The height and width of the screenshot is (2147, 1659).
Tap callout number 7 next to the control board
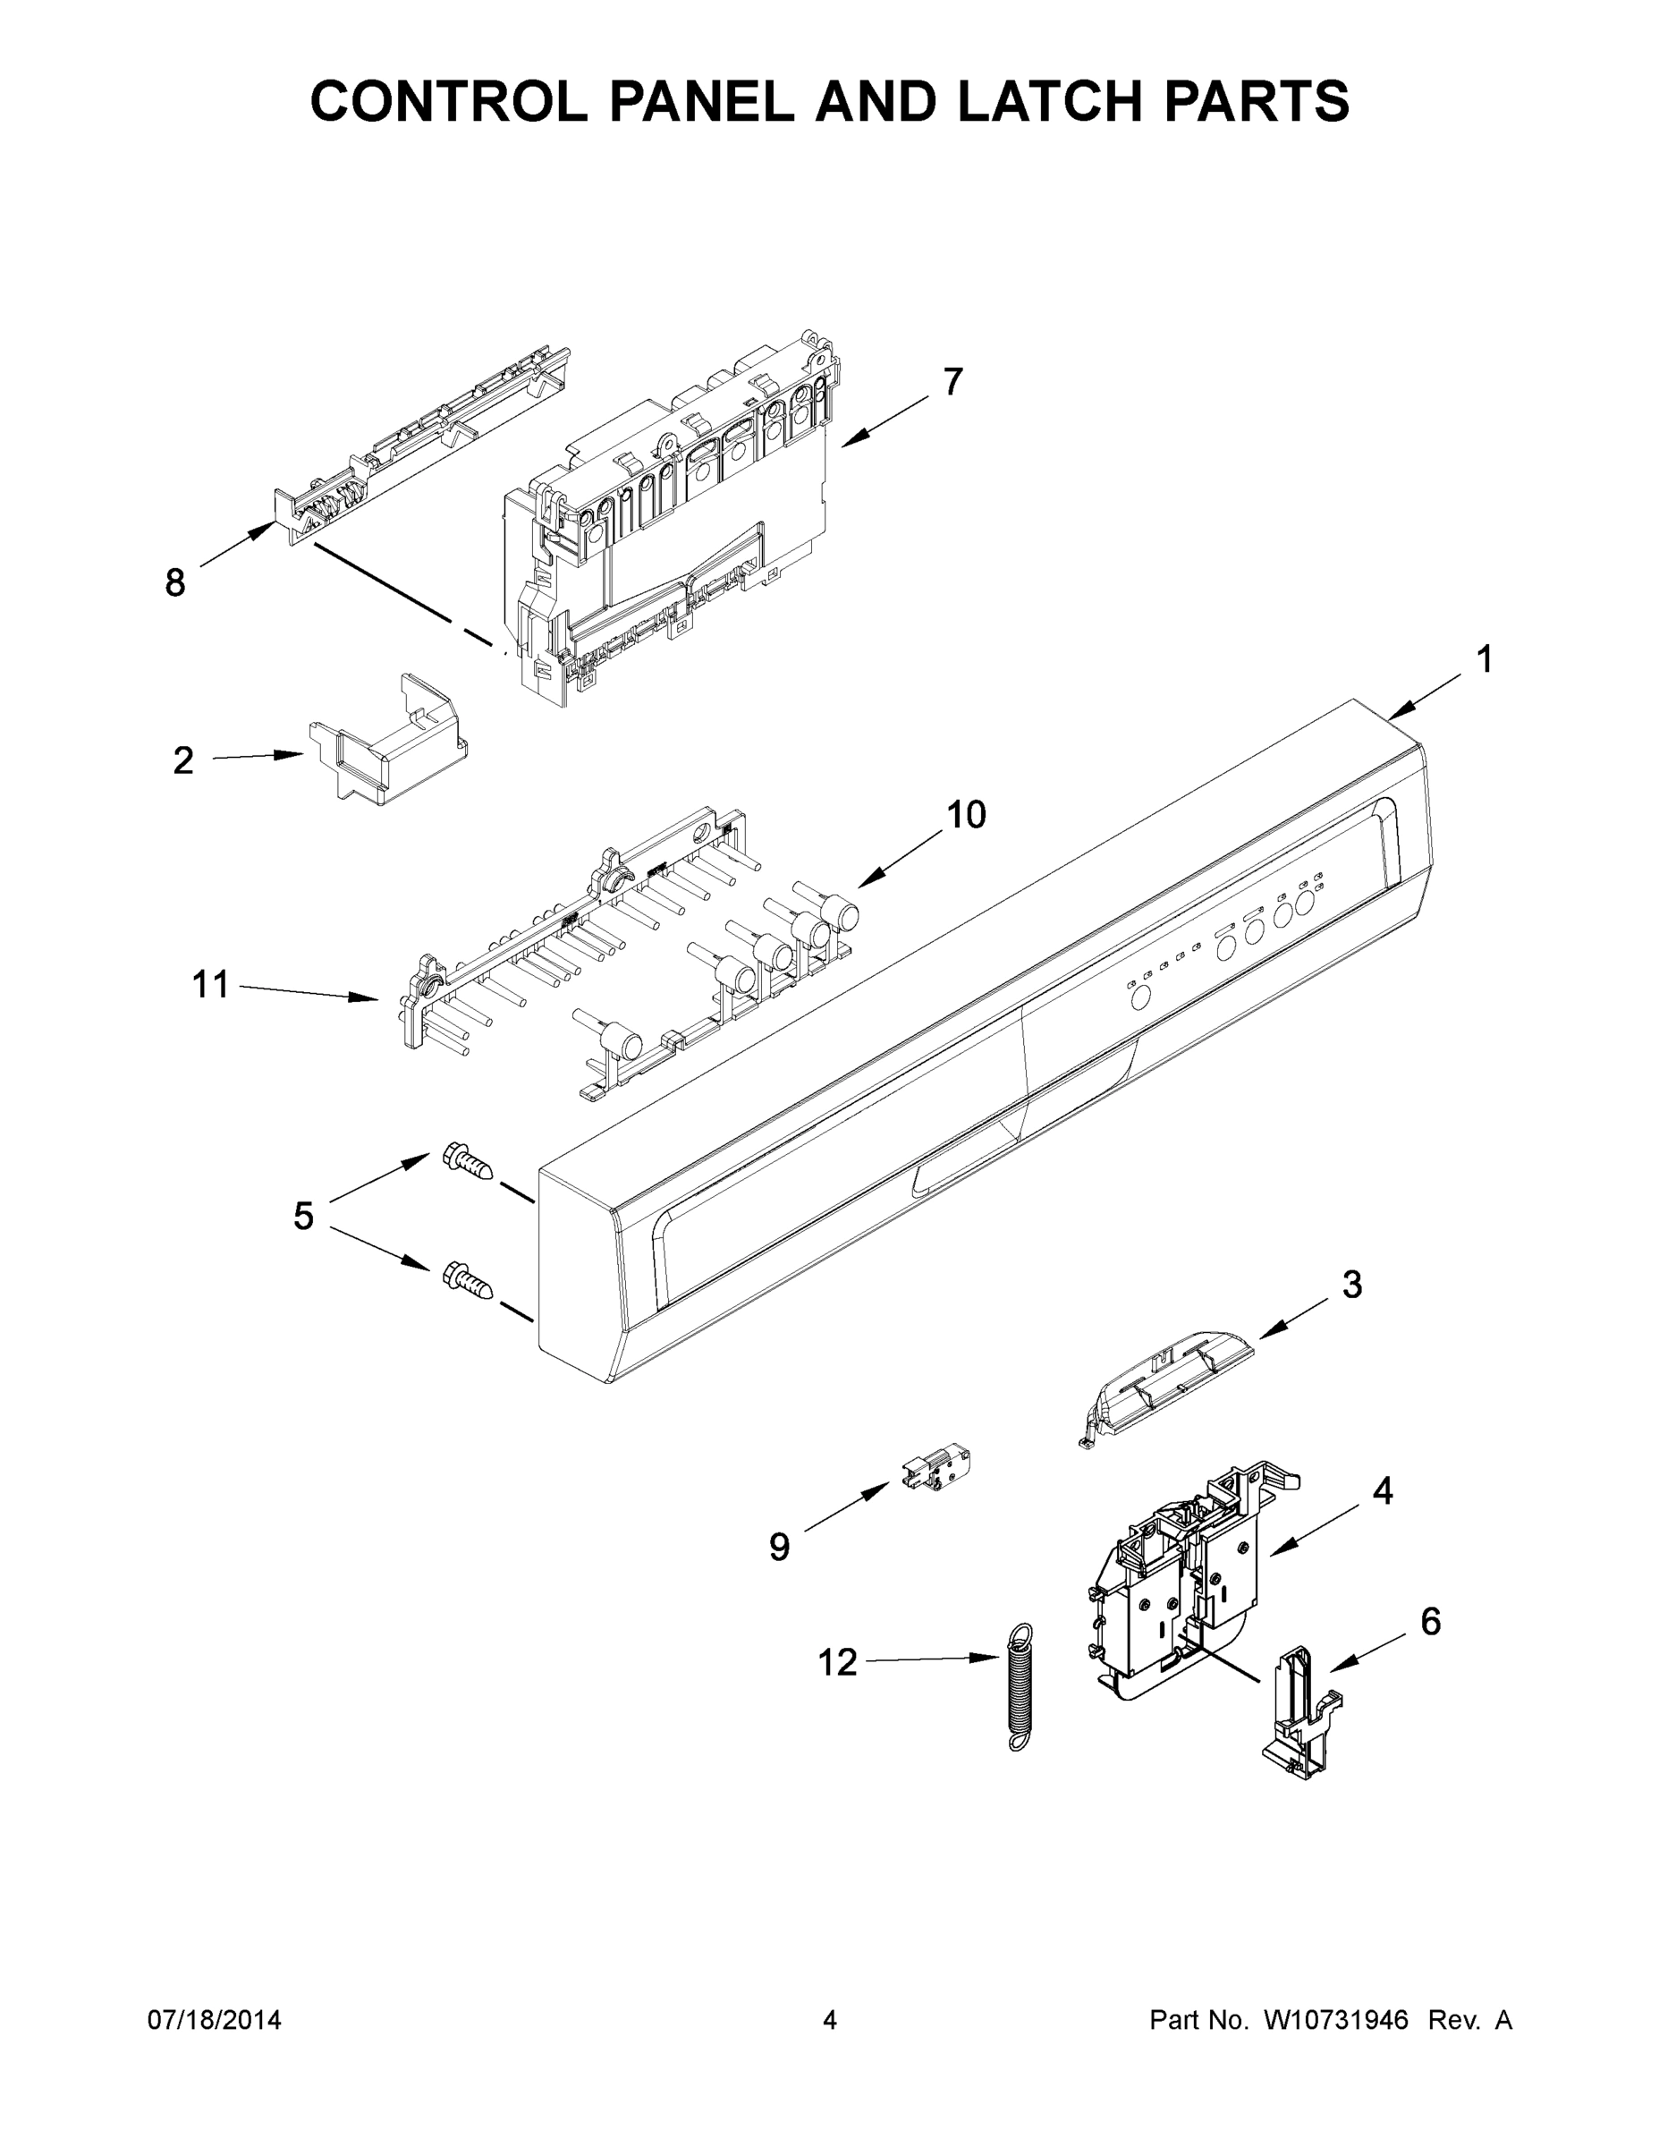(x=952, y=381)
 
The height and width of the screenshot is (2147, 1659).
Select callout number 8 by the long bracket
(x=175, y=583)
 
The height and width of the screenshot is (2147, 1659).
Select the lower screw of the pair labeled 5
(x=466, y=1281)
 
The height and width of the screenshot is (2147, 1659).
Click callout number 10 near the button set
(x=965, y=814)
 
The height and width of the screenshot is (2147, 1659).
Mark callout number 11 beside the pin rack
(x=210, y=984)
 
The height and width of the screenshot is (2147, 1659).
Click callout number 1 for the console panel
(x=1484, y=659)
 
